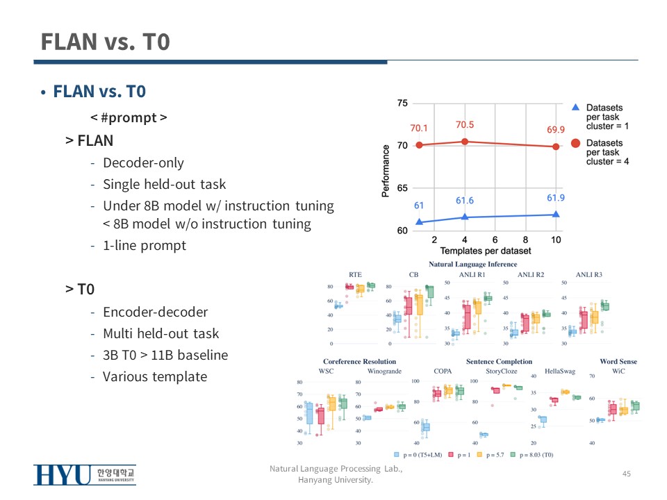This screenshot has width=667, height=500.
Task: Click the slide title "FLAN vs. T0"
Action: click(x=105, y=42)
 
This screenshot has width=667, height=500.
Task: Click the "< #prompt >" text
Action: click(x=129, y=117)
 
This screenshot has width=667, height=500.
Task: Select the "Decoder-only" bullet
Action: click(x=143, y=163)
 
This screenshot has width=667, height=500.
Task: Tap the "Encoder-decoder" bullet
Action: click(x=155, y=312)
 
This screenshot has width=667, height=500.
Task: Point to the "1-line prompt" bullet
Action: click(x=145, y=245)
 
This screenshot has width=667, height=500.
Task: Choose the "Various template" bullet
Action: click(x=154, y=376)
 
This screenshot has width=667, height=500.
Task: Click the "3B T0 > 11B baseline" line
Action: click(x=165, y=355)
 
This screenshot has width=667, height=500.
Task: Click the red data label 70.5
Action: click(x=464, y=125)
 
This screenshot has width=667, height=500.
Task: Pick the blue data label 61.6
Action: click(x=464, y=201)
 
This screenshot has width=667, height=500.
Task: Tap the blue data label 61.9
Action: click(x=555, y=198)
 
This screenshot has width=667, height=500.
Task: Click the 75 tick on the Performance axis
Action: click(x=402, y=103)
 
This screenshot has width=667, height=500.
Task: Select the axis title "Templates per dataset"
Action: click(x=485, y=251)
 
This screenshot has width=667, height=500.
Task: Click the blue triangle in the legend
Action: click(x=575, y=108)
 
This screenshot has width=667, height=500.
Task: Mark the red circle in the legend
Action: click(x=576, y=144)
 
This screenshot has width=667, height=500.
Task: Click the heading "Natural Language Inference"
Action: click(x=472, y=265)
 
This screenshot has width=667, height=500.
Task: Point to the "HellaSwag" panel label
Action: click(x=559, y=372)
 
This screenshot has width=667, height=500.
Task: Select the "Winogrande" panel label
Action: click(x=384, y=372)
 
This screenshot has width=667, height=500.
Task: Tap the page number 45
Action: click(x=626, y=474)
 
